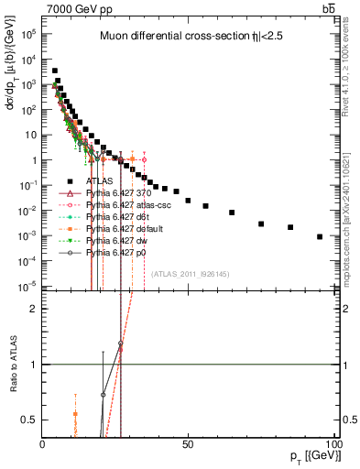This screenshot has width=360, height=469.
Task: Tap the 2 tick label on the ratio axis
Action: point(34,309)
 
